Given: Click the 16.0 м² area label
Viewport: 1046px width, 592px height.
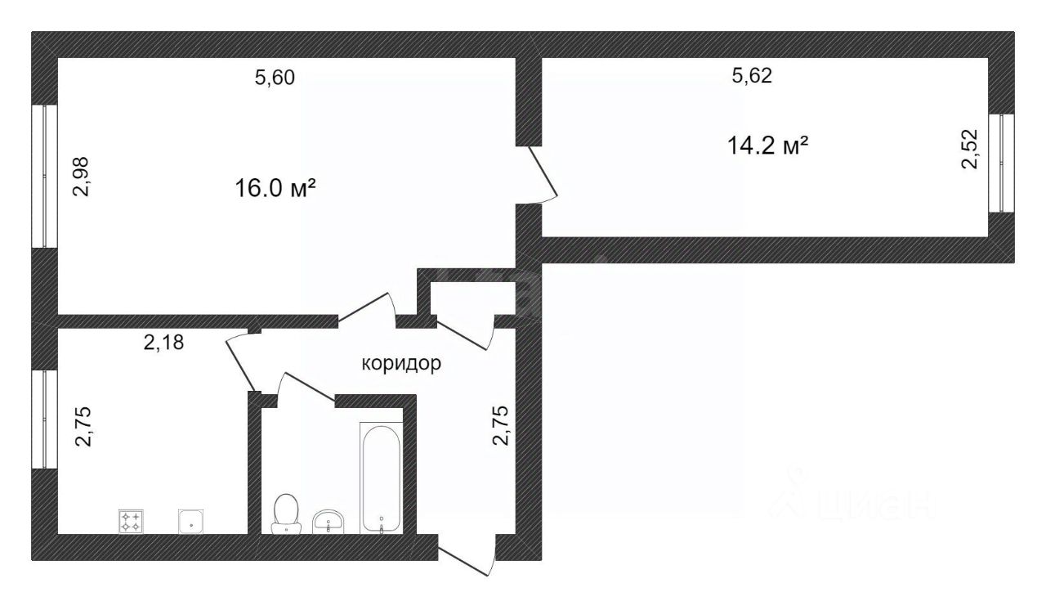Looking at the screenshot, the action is click(275, 189).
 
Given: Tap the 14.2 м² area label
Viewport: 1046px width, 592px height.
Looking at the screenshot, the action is click(767, 146).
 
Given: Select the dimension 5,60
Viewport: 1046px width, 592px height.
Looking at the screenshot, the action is click(275, 78).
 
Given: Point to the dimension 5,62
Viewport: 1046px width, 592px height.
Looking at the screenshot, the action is click(752, 76).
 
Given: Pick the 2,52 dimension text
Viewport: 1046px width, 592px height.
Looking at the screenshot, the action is click(969, 149).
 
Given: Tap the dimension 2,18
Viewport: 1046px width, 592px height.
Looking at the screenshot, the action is click(163, 343).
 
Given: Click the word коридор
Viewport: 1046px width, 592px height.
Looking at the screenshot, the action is click(401, 363).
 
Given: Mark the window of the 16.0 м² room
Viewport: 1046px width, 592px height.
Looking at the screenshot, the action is click(45, 176).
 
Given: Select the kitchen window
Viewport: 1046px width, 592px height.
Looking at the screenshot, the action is click(45, 419).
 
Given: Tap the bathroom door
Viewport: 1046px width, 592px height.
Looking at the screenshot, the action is click(306, 388).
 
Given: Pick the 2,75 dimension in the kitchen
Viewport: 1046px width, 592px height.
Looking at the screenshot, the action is click(85, 427).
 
